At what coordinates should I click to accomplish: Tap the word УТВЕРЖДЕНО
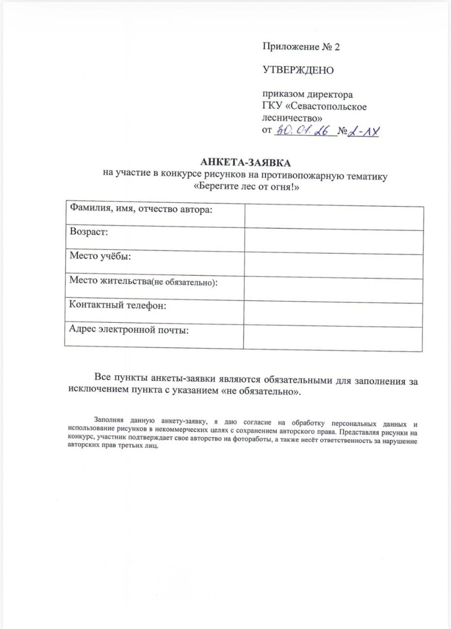pos(298,70)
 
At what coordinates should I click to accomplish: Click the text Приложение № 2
pos(301,47)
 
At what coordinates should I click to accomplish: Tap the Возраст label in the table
pos(89,232)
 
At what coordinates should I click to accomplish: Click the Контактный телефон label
pos(118,306)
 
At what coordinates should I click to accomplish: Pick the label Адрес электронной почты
pos(129,329)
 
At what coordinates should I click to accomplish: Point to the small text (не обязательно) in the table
pos(184,282)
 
